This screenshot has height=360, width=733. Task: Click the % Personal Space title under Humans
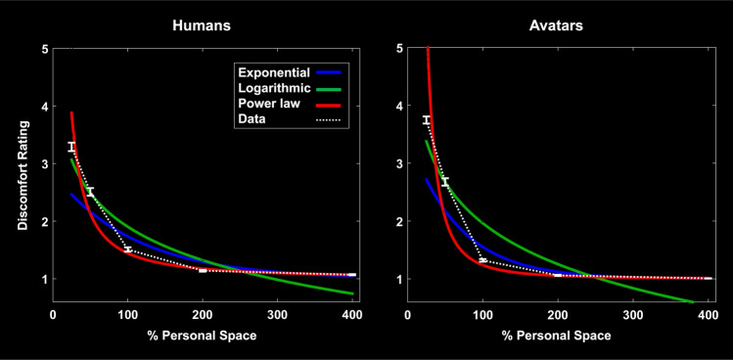pyautogui.click(x=204, y=335)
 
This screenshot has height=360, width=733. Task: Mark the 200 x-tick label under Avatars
pyautogui.click(x=557, y=314)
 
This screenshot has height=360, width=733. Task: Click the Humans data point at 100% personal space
pyautogui.click(x=127, y=249)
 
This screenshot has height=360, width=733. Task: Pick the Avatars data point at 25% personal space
pyautogui.click(x=426, y=120)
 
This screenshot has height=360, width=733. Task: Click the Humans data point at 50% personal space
pyautogui.click(x=90, y=192)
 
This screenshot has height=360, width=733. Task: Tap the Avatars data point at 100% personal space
pyautogui.click(x=481, y=260)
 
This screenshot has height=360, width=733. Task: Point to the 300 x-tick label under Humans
pyautogui.click(x=278, y=314)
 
